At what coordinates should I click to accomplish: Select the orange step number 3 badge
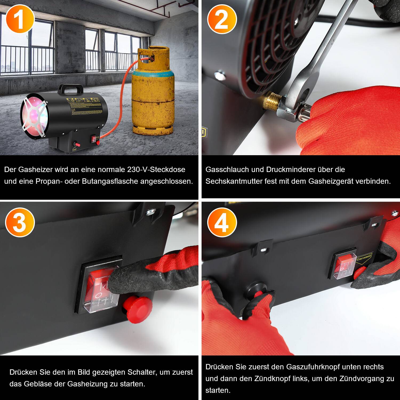point(20,222)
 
